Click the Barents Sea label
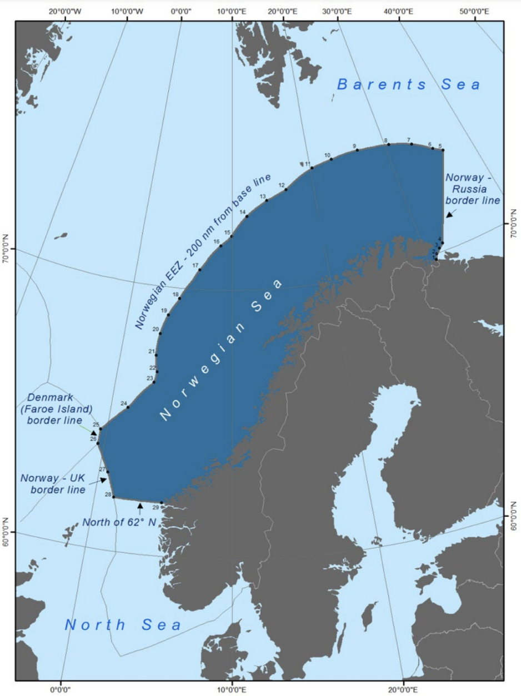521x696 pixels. tap(409, 84)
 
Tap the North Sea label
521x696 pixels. tap(123, 625)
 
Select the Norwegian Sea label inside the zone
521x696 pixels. tap(222, 350)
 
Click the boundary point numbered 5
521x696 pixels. tap(443, 150)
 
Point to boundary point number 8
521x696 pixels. tap(388, 144)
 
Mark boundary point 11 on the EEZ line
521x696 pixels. tap(312, 168)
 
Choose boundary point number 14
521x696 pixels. tap(247, 216)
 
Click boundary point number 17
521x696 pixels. tap(200, 270)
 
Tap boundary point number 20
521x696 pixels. tap(160, 333)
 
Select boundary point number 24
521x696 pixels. tap(128, 407)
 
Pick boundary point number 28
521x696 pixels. tap(113, 497)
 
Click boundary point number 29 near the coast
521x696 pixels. tap(162, 503)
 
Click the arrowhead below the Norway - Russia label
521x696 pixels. tap(449, 214)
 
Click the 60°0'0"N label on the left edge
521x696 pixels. tap(7, 532)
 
